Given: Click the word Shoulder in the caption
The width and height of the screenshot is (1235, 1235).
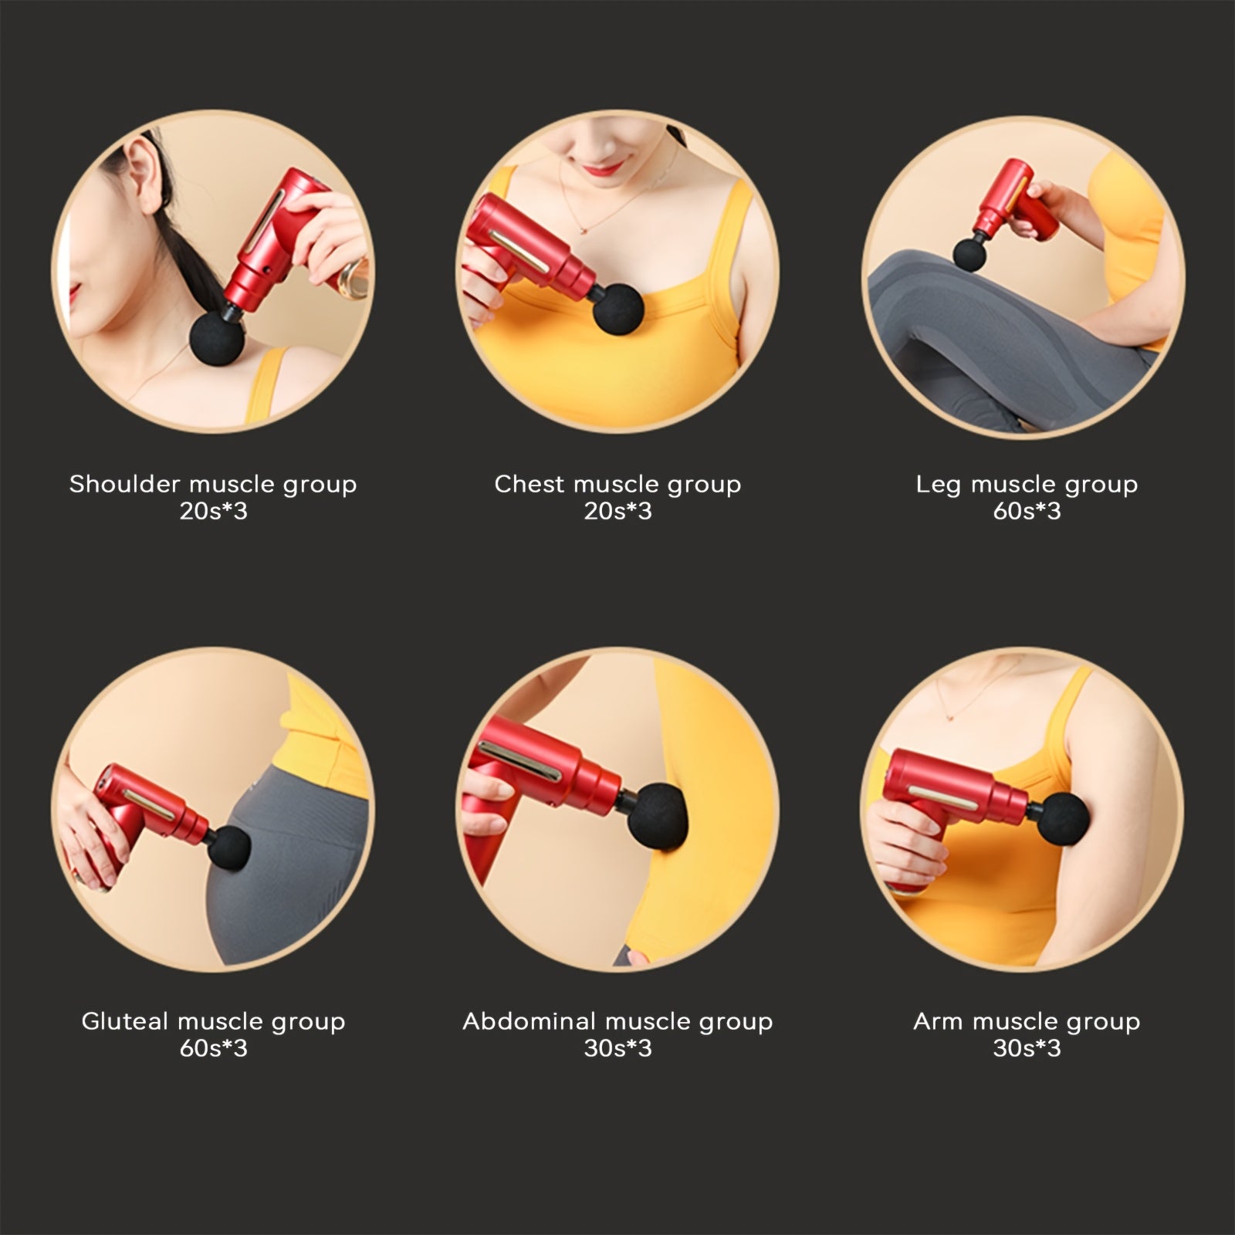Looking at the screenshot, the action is tap(125, 484).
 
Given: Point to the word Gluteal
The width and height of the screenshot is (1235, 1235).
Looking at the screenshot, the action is tap(125, 1021).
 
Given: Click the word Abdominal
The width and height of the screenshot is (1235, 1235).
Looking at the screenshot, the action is tap(530, 1021).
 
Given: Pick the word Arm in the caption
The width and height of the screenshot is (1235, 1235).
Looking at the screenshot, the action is tap(939, 1021).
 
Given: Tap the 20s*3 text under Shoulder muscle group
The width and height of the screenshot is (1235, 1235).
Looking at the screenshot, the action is tap(213, 511).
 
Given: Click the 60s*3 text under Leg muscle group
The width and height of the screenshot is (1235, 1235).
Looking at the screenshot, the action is tap(1027, 511).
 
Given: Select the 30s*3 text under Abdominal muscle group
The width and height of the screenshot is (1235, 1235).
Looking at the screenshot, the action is tap(617, 1048).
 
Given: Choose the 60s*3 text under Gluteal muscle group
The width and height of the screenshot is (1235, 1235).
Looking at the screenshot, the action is tap(213, 1048).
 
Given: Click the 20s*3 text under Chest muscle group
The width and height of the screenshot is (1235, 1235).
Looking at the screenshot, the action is tap(617, 511).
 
